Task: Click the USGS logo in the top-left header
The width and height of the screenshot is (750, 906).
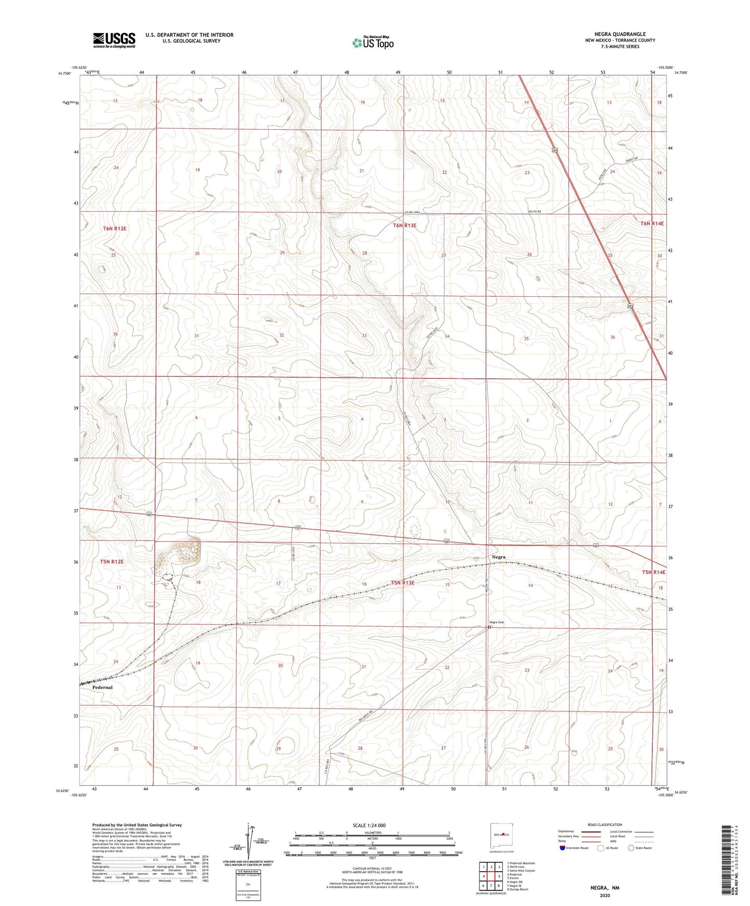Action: click(x=114, y=40)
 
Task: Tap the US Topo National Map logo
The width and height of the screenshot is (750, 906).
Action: click(x=373, y=43)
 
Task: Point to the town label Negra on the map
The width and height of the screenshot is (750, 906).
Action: click(x=498, y=557)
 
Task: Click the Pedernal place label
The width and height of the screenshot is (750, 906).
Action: click(x=102, y=687)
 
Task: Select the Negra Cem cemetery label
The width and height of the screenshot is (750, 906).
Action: click(x=497, y=622)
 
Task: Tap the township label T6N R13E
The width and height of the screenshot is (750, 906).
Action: click(x=404, y=226)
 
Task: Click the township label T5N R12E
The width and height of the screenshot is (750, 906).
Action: click(x=112, y=561)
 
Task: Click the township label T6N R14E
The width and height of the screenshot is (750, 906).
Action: click(x=652, y=224)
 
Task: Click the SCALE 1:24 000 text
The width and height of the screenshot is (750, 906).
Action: click(x=369, y=825)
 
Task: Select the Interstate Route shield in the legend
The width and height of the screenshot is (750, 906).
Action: click(x=563, y=848)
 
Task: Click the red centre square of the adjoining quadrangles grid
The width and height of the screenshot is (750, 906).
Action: click(x=491, y=876)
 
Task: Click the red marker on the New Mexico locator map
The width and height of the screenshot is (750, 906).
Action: click(x=503, y=834)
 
